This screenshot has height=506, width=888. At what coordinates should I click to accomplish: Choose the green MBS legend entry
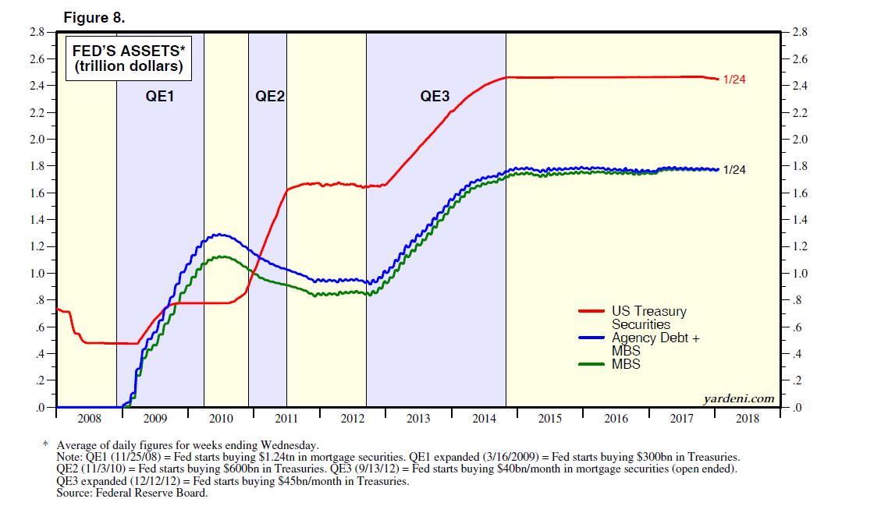click(626, 364)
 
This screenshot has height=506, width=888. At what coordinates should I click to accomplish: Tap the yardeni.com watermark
click(739, 398)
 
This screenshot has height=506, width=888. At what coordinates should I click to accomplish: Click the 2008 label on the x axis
click(89, 419)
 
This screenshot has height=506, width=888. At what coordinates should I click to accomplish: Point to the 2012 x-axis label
click(353, 419)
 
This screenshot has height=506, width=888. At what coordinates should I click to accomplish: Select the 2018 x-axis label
click(748, 419)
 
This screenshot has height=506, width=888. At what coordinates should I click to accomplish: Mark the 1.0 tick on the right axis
click(800, 274)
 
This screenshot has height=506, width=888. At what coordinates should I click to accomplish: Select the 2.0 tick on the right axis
click(800, 140)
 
